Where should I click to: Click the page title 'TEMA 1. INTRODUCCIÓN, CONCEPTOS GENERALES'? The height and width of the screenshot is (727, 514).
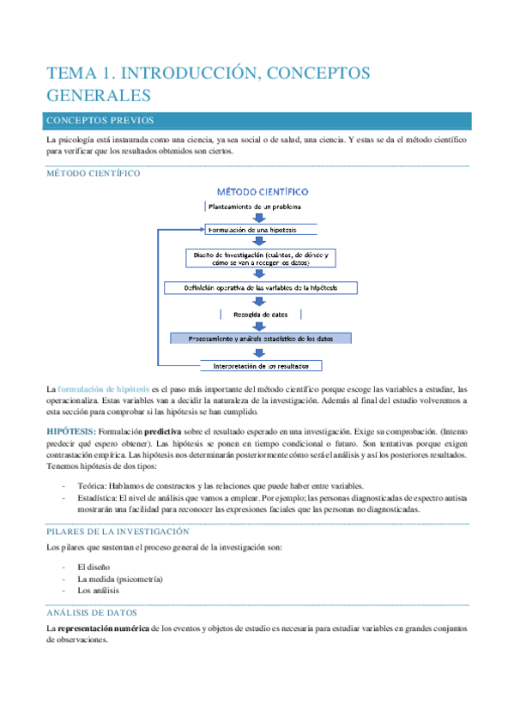pyautogui.click(x=209, y=83)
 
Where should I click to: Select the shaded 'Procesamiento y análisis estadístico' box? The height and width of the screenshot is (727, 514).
pyautogui.click(x=261, y=338)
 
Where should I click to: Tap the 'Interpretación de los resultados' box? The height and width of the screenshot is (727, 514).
pyautogui.click(x=261, y=365)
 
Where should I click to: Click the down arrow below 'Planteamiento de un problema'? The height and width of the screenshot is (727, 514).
pyautogui.click(x=261, y=218)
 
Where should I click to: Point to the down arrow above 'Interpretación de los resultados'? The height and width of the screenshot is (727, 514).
pyautogui.click(x=261, y=351)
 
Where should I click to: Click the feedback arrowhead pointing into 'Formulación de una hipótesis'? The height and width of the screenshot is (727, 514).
pyautogui.click(x=201, y=229)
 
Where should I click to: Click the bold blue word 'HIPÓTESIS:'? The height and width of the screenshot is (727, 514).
pyautogui.click(x=71, y=431)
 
